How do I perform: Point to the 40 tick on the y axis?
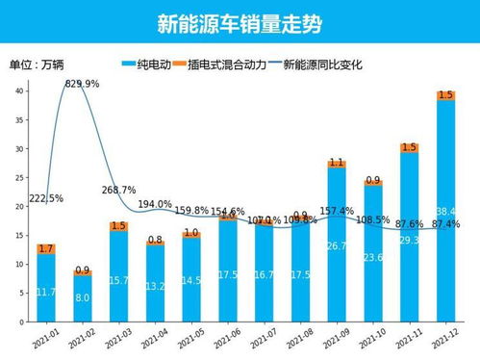tap(19, 90)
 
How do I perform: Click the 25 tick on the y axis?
tap(19, 178)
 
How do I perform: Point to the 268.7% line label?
tap(119, 190)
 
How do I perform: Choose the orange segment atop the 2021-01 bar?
tap(45, 248)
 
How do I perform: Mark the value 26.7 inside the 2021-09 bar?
tap(337, 246)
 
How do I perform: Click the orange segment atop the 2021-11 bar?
tap(409, 147)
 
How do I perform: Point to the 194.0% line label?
tap(155, 204)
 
